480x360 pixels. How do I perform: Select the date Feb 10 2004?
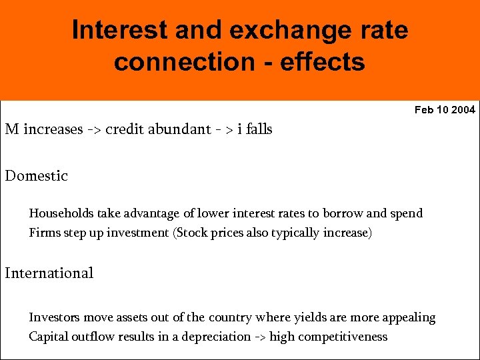coord(445,109)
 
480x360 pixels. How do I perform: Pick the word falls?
coord(259,129)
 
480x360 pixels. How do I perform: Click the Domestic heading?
coord(37,176)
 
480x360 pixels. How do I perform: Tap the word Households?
coord(61,213)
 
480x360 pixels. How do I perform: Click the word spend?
coord(406,214)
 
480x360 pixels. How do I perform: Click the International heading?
coord(49,273)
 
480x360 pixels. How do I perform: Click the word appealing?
coord(407,319)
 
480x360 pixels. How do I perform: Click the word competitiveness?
coord(342,337)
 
